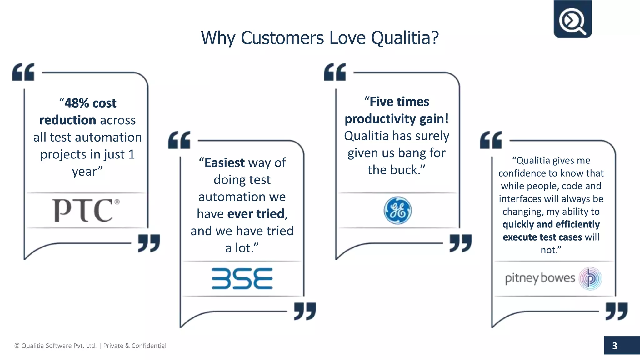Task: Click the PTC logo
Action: click(85, 210)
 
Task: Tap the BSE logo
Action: click(242, 278)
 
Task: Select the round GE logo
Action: click(397, 210)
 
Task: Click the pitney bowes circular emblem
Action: click(590, 278)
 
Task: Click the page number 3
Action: click(615, 346)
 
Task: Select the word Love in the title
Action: click(347, 38)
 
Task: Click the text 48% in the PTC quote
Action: click(77, 103)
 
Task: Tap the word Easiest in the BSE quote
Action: click(224, 163)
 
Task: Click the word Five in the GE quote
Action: click(382, 102)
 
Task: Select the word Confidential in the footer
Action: click(149, 346)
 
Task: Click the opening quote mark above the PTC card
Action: click(23, 72)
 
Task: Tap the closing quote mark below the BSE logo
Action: click(305, 311)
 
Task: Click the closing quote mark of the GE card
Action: click(460, 243)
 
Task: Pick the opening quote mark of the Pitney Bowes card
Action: click(491, 140)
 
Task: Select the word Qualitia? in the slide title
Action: click(405, 38)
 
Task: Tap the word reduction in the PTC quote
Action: click(67, 120)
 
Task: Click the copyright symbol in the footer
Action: click(17, 346)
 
